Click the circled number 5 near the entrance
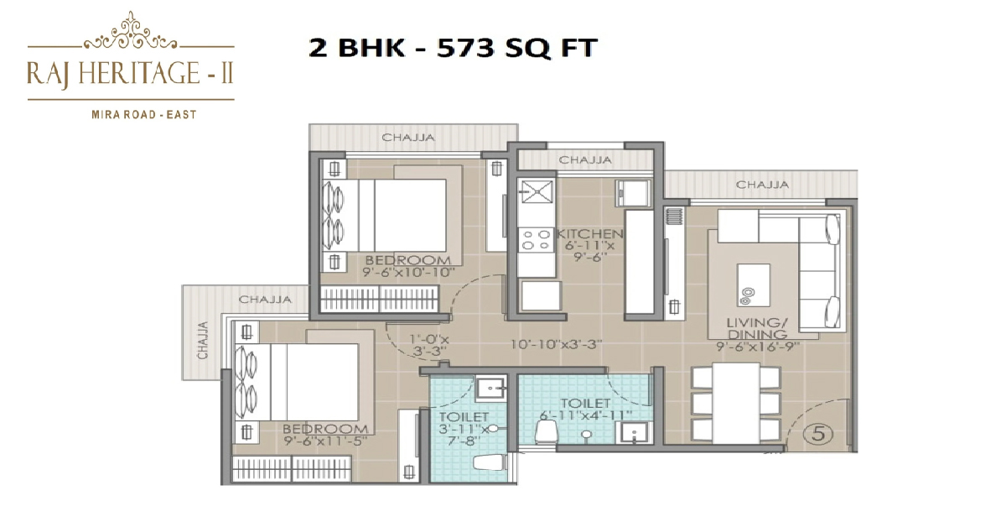click(819, 434)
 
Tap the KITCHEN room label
click(589, 234)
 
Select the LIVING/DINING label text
click(757, 328)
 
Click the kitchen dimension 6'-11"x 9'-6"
click(589, 252)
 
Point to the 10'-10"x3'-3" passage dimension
click(557, 344)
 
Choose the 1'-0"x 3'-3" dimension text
click(429, 345)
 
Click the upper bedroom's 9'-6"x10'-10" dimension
click(409, 272)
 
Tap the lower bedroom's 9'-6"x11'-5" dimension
click(325, 441)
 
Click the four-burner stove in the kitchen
click(537, 240)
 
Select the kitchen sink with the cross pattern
click(537, 190)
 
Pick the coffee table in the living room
click(753, 285)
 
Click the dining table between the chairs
click(736, 403)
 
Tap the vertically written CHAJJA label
click(203, 340)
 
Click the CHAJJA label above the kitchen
click(585, 159)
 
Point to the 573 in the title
click(466, 48)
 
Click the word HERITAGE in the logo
click(139, 73)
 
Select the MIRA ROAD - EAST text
click(144, 115)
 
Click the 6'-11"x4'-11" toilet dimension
click(586, 415)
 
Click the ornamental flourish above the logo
click(131, 32)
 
